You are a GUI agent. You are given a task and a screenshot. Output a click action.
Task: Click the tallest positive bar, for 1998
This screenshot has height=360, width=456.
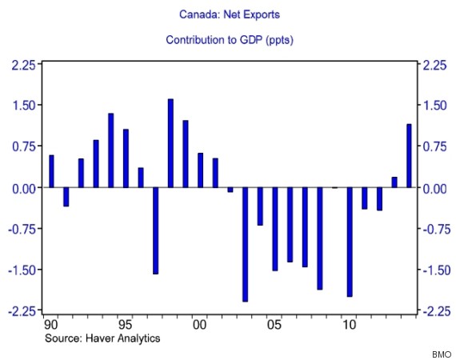click(x=170, y=143)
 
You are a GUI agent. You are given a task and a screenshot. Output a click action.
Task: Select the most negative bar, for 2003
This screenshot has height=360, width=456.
click(x=245, y=245)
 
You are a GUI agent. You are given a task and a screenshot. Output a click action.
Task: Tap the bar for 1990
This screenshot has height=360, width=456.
click(x=51, y=171)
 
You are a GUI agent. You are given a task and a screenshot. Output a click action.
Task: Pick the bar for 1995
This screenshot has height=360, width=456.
click(x=126, y=158)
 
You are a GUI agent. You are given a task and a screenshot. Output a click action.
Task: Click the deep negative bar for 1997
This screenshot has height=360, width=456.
click(x=155, y=231)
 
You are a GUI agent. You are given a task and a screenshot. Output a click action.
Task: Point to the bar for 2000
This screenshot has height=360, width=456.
click(x=200, y=170)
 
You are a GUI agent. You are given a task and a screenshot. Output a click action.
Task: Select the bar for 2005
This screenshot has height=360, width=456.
click(x=275, y=229)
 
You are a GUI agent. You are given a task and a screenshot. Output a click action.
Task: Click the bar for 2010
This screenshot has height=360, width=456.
click(x=350, y=242)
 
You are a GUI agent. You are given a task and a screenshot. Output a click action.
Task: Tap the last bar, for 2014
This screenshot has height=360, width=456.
click(x=409, y=156)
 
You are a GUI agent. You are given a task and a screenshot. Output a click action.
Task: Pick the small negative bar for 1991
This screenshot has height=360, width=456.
click(x=66, y=197)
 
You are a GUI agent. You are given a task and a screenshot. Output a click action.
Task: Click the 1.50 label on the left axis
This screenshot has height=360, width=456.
click(x=24, y=106)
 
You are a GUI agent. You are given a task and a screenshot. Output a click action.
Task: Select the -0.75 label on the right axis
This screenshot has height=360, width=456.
click(x=434, y=230)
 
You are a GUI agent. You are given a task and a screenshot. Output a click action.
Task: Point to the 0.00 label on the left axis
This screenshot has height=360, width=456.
click(x=24, y=189)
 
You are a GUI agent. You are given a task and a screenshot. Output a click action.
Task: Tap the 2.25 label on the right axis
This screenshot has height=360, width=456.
click(x=434, y=65)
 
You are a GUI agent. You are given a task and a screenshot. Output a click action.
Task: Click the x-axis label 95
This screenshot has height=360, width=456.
click(x=126, y=325)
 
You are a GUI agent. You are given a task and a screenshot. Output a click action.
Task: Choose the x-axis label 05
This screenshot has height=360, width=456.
click(x=274, y=325)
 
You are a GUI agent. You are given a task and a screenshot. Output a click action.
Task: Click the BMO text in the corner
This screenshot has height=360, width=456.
click(x=442, y=354)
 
